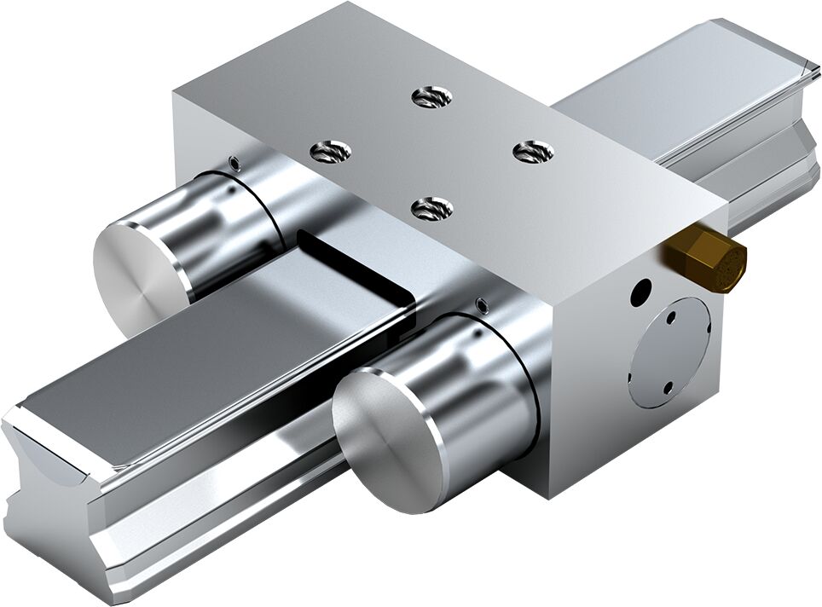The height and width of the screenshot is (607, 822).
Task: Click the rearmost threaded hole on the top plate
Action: (431, 96)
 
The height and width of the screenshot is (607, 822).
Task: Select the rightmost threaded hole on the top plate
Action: (534, 152)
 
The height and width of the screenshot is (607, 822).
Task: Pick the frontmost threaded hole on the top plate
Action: (431, 207)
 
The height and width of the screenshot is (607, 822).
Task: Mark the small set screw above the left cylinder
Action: (232, 162)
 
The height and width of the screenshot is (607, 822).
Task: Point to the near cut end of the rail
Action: (51, 486)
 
